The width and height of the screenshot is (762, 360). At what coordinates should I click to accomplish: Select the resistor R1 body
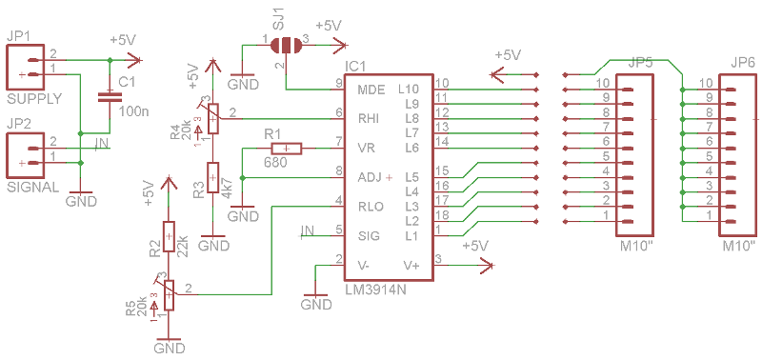pyautogui.click(x=287, y=148)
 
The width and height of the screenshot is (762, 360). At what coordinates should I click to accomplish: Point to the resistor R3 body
pyautogui.click(x=212, y=178)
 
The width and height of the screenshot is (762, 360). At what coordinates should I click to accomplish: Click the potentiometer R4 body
pyautogui.click(x=212, y=117)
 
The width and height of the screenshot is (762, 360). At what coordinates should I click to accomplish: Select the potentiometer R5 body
pyautogui.click(x=169, y=293)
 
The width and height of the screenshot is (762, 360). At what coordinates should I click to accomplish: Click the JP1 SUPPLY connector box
pyautogui.click(x=24, y=67)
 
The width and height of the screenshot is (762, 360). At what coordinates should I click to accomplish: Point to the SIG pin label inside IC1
pyautogui.click(x=369, y=235)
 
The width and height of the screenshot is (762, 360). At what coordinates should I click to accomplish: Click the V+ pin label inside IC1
pyautogui.click(x=411, y=265)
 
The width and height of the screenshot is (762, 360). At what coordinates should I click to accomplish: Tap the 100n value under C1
pyautogui.click(x=134, y=111)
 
